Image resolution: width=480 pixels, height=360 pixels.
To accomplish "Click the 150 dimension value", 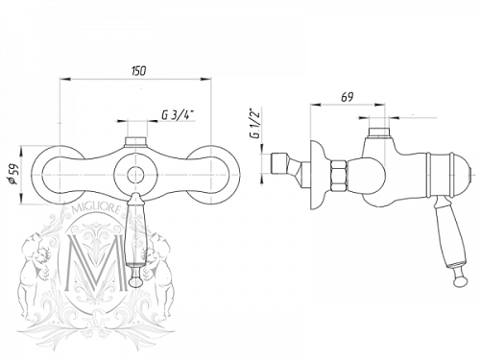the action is click(138, 71).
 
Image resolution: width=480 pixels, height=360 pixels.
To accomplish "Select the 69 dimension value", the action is click(348, 97).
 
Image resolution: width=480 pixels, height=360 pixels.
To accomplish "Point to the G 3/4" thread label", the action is click(178, 115).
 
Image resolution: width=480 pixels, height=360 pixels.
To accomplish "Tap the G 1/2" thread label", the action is click(255, 124).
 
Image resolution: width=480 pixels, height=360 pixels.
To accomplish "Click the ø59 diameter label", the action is click(13, 176).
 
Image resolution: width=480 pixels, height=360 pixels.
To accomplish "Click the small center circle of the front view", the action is click(135, 175).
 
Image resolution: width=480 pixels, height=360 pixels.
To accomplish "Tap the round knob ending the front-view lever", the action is click(134, 281).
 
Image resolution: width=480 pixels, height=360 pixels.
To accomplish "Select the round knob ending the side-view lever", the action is click(460, 281).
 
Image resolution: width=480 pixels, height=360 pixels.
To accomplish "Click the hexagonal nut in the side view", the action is click(339, 176).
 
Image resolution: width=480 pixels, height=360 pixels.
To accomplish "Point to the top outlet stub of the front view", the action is click(135, 142).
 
